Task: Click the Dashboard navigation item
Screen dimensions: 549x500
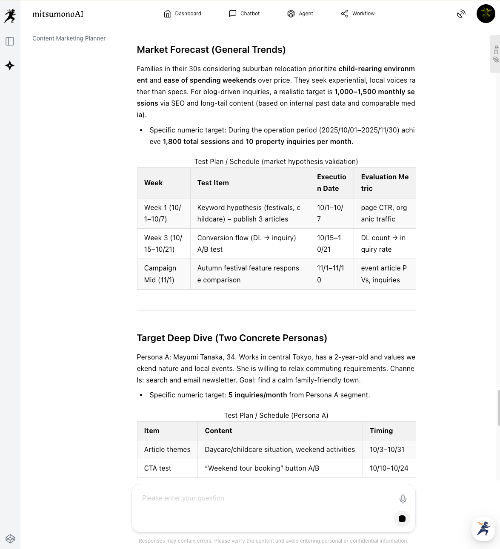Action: tap(183, 14)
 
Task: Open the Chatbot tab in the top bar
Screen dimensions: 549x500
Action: tap(244, 14)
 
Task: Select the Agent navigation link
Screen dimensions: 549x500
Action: tap(300, 14)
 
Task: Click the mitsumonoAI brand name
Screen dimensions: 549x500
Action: tap(58, 14)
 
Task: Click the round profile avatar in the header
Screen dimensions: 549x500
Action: tap(486, 14)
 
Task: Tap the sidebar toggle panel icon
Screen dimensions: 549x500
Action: tap(10, 41)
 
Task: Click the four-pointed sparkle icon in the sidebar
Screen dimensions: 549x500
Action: tap(10, 66)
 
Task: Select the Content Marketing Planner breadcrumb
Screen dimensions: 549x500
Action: tap(69, 38)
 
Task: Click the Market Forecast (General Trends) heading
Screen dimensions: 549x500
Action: tap(211, 50)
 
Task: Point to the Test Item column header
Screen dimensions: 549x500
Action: tap(213, 183)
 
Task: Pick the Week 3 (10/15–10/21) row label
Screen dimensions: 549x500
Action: tap(163, 244)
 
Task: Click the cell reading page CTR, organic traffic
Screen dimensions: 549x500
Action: tap(384, 213)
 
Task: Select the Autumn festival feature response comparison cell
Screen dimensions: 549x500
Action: tap(248, 274)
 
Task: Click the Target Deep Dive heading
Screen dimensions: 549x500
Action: tap(232, 338)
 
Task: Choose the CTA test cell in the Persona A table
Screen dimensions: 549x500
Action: tap(157, 468)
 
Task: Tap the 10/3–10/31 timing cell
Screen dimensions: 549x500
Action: tap(387, 449)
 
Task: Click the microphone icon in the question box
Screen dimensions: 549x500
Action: tap(403, 499)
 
